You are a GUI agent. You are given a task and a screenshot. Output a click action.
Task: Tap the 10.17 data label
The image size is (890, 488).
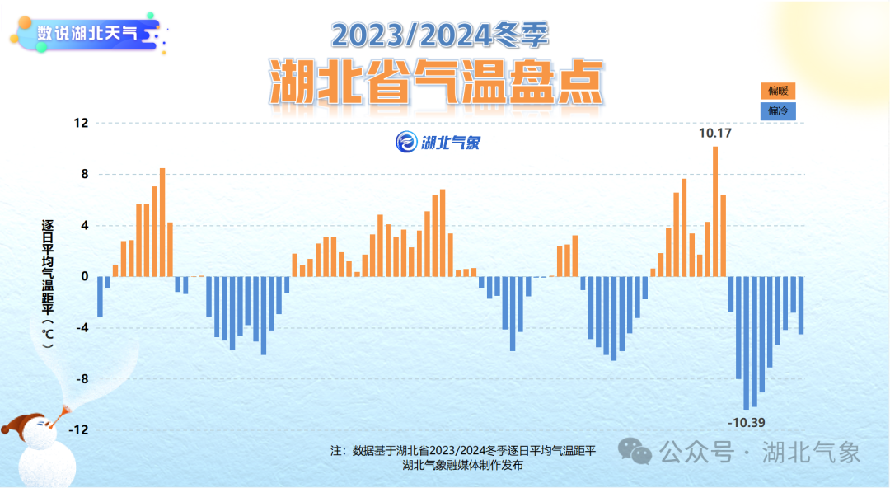tap(714, 132)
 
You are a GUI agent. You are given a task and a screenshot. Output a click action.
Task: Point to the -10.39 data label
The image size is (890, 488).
tap(747, 423)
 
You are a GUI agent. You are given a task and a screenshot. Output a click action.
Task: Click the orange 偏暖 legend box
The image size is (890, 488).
tap(778, 91)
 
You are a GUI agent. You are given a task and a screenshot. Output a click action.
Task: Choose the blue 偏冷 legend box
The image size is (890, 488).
tap(778, 110)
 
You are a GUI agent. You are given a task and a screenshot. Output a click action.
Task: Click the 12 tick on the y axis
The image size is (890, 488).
tap(81, 123)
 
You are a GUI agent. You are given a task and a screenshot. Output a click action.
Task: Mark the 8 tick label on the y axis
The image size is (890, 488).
tap(83, 174)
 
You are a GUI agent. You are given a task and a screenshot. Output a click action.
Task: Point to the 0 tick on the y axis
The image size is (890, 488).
tap(83, 276)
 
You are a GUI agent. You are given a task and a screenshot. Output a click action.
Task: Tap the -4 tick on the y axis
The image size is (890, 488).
tap(81, 328)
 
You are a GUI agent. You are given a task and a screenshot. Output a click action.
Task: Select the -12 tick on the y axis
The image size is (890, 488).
tap(78, 430)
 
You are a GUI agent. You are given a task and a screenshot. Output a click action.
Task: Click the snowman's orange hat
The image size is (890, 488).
tap(22, 423)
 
